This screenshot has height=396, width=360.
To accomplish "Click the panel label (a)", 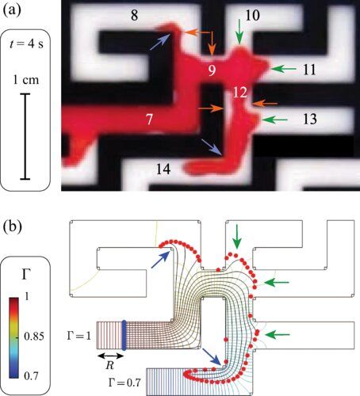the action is tap(12, 10).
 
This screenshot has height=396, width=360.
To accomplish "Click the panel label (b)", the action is tap(12, 227).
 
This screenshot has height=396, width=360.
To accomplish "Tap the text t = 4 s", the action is tap(26, 44).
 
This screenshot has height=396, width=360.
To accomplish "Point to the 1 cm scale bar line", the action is tap(25, 136).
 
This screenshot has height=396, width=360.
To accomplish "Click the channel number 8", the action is tap(135, 16).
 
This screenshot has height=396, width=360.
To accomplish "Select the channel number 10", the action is tap(252, 16).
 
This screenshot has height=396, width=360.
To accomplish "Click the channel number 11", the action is tap(309, 70).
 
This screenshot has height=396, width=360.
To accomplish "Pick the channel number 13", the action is tap(310, 120).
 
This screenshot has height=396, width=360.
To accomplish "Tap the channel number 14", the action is tap(163, 169).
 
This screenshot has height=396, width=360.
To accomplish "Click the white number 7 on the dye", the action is tap(149, 120).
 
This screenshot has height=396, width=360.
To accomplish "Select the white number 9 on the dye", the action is tap(212, 70).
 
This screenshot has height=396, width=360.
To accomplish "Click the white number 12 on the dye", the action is tap(240, 93).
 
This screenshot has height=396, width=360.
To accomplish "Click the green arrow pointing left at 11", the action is tap(283, 69).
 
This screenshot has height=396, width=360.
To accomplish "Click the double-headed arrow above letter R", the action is tap(110, 356).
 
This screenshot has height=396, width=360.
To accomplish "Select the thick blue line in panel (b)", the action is tap(124, 335).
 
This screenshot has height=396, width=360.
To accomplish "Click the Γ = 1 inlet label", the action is tap(79, 336).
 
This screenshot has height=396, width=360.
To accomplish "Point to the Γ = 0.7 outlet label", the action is tap(124, 383).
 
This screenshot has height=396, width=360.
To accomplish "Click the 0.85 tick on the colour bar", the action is tap(34, 337).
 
